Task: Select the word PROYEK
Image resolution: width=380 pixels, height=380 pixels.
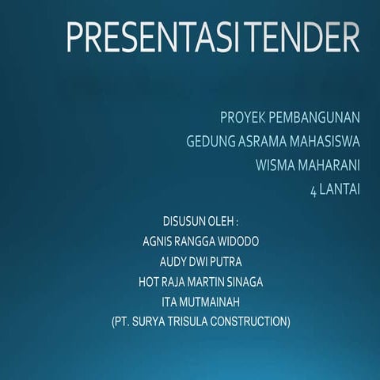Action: point(242,119)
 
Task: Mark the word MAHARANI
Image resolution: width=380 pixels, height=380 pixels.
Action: point(329,166)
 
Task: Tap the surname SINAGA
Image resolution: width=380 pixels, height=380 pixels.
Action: point(243,281)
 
